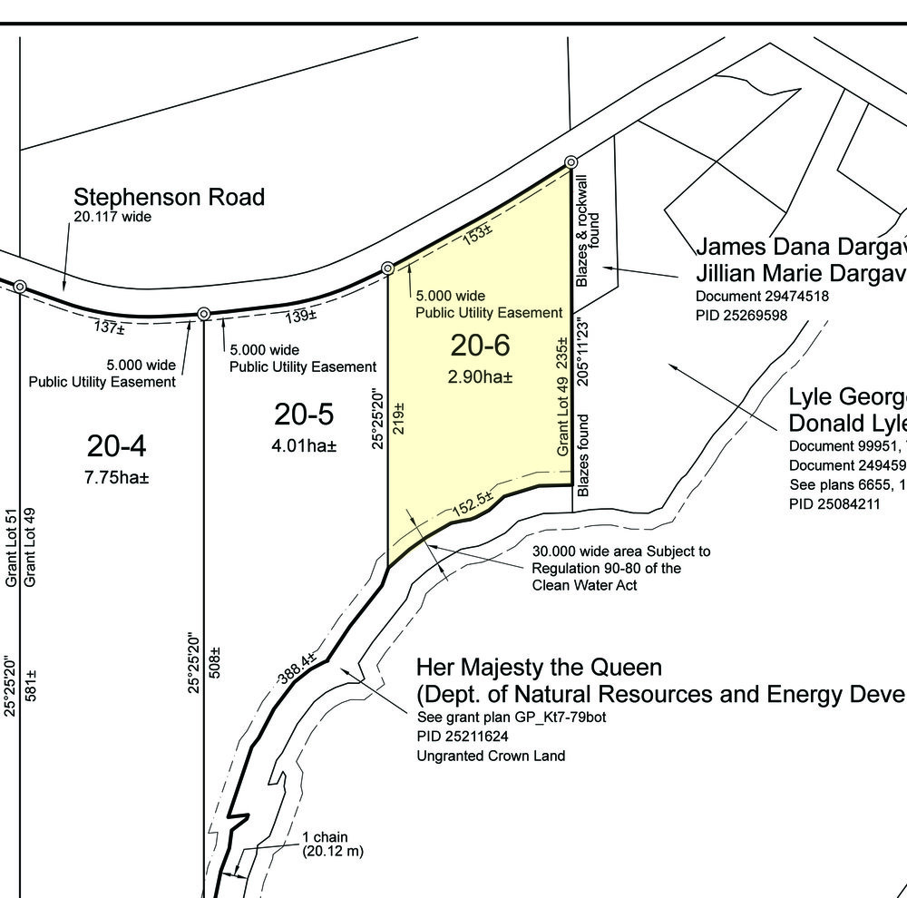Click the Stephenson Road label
click(169, 197)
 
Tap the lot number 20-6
click(481, 346)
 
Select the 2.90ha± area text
click(480, 376)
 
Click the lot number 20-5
click(304, 415)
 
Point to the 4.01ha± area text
click(304, 446)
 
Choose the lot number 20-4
click(117, 446)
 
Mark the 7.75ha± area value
click(116, 478)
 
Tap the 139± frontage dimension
click(300, 316)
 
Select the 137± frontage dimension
click(109, 327)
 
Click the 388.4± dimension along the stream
click(297, 668)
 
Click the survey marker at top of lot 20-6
click(571, 162)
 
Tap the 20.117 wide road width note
click(112, 217)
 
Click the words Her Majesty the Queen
click(539, 667)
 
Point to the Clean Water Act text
click(585, 586)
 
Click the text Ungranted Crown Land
click(491, 756)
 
